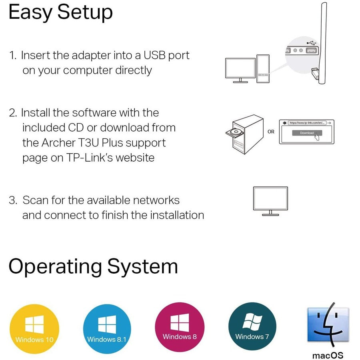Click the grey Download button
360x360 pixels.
coord(306,133)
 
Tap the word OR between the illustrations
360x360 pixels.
coord(271,132)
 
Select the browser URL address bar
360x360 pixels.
coord(307,123)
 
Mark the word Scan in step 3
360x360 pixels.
coord(36,200)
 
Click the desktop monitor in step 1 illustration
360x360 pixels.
coord(240,69)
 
